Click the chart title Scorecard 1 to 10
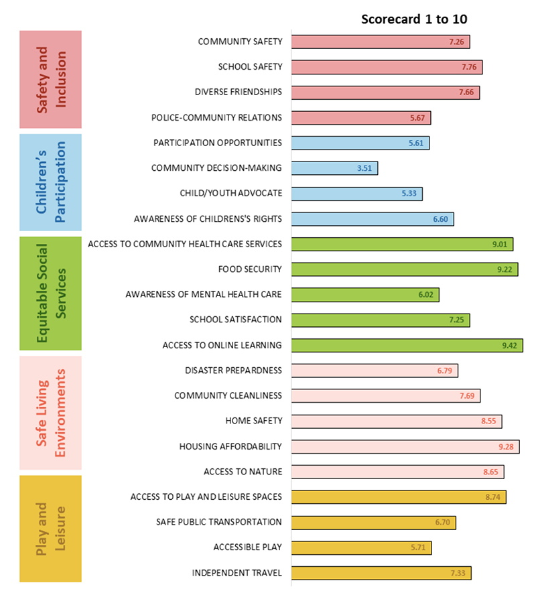[x=413, y=19]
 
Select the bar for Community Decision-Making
[x=334, y=168]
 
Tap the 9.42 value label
[x=510, y=345]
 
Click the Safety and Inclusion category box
[x=50, y=79]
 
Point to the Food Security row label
[x=250, y=269]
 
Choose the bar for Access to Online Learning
[x=407, y=345]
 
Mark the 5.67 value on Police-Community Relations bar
[x=417, y=118]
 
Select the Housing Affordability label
[x=230, y=446]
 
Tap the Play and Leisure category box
[x=50, y=528]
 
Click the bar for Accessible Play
[x=361, y=547]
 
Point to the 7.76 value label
[x=469, y=67]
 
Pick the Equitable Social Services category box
[x=50, y=293]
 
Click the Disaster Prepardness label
[x=233, y=371]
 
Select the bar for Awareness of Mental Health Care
[x=365, y=295]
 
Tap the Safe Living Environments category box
[x=50, y=412]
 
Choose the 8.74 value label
[x=493, y=497]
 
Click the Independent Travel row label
[x=237, y=573]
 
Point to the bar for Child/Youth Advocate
[x=357, y=194]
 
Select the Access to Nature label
[x=243, y=472]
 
